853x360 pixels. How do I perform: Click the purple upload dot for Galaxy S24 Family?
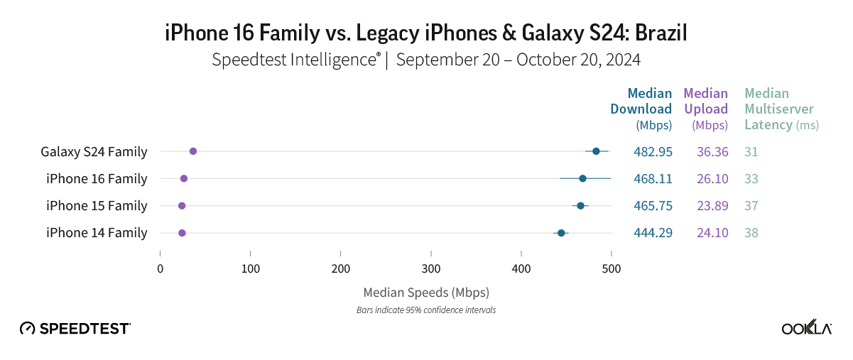(x=193, y=151)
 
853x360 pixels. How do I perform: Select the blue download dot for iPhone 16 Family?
(x=582, y=178)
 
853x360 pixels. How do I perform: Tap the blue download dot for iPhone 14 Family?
(x=561, y=233)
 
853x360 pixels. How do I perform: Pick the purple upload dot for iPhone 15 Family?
(x=182, y=206)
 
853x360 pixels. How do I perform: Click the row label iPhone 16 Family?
(x=97, y=178)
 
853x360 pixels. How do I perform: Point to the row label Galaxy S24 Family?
(x=94, y=151)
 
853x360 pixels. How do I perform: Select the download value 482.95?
(x=653, y=151)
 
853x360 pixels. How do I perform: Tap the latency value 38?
(x=751, y=233)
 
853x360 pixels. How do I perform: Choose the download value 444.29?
(x=653, y=233)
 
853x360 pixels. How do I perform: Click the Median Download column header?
(x=641, y=109)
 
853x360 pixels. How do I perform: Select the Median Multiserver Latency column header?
(x=780, y=109)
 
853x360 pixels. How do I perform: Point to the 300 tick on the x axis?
(x=430, y=268)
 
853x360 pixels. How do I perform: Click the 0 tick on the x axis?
(x=161, y=268)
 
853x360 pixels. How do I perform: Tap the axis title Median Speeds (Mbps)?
(x=426, y=292)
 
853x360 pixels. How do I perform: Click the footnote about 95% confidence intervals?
(x=426, y=310)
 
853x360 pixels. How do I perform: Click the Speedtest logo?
(x=75, y=328)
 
